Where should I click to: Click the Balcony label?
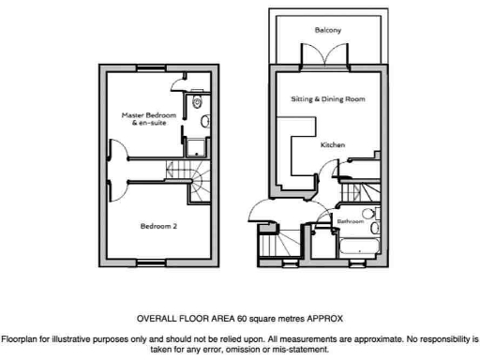coord(327,31)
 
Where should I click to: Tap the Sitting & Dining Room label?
coord(327,98)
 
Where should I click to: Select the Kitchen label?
coord(333,145)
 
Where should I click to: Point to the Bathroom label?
coord(351,221)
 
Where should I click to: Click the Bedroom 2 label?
coord(158,225)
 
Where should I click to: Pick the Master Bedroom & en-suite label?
coord(148,119)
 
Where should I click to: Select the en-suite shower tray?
coord(197,145)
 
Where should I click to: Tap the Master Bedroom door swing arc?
coord(118,153)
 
